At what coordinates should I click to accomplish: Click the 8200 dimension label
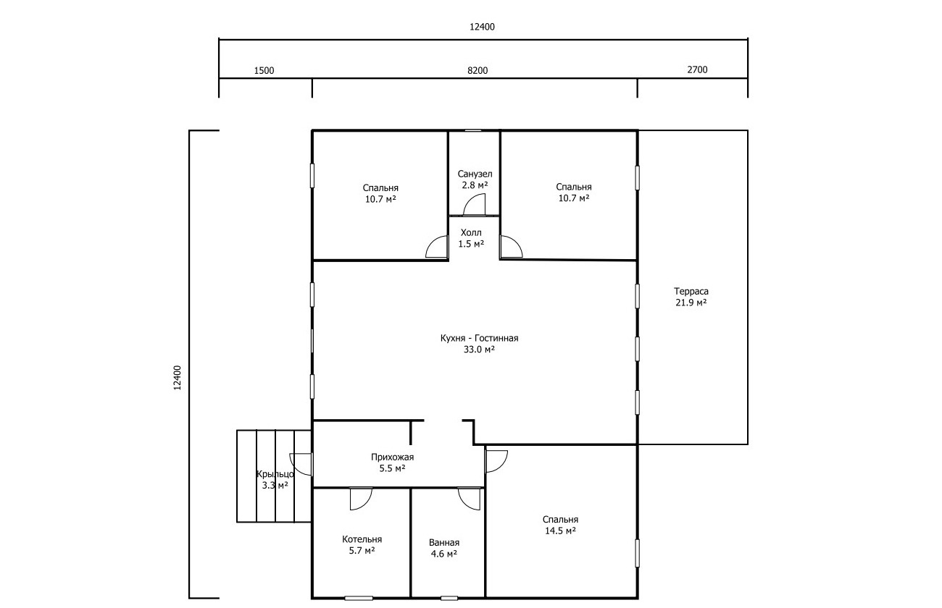tap(478, 71)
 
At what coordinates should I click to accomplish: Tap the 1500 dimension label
tap(264, 71)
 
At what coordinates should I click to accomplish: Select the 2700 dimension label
tap(697, 69)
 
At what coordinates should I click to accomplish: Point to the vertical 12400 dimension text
tap(178, 378)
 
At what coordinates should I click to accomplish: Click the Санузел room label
tap(475, 174)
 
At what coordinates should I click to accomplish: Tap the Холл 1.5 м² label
tap(471, 238)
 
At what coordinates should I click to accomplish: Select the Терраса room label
tap(691, 291)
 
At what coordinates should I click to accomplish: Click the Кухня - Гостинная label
tap(479, 338)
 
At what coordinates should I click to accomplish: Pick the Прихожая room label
tap(392, 457)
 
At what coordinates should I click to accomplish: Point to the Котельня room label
tap(362, 539)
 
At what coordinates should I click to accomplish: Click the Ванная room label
tap(444, 542)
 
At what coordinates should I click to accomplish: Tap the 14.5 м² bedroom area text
tap(560, 531)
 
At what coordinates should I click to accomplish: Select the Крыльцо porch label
tap(275, 474)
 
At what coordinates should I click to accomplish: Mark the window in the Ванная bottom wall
tap(449, 598)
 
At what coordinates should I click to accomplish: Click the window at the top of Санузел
tap(473, 131)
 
